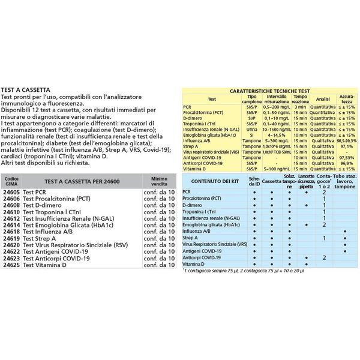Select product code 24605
[11, 193]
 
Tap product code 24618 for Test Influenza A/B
[11, 231]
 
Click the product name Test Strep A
[40, 238]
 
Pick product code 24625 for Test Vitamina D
[11, 265]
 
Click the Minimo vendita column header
[159, 181]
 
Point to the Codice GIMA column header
[11, 181]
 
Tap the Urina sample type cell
[251, 129]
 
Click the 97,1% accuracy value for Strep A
[346, 146]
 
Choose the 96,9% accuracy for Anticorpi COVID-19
[346, 163]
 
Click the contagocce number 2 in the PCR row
[324, 193]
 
